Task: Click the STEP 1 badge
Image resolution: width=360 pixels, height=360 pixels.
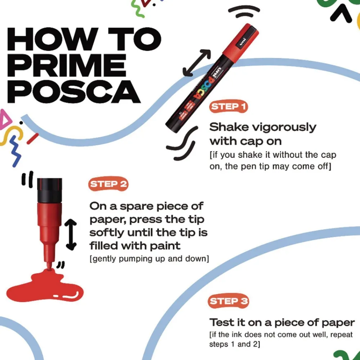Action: [x=228, y=107]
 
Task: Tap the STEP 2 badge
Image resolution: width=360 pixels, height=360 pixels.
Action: [x=108, y=184]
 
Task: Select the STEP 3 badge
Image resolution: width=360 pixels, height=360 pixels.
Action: [x=229, y=301]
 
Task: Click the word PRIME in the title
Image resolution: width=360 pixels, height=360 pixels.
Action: [x=67, y=66]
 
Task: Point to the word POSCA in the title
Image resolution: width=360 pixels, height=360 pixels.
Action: [x=74, y=91]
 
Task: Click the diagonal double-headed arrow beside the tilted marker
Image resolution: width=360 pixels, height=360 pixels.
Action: [x=196, y=63]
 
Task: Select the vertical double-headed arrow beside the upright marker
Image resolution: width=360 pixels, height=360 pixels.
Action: [x=71, y=234]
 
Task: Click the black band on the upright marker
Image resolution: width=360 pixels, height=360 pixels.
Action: [x=50, y=190]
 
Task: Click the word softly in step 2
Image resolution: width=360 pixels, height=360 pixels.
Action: [x=107, y=233]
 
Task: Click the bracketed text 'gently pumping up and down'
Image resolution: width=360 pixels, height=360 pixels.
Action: [x=149, y=259]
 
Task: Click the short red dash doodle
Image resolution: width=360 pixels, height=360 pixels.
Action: [x=32, y=139]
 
